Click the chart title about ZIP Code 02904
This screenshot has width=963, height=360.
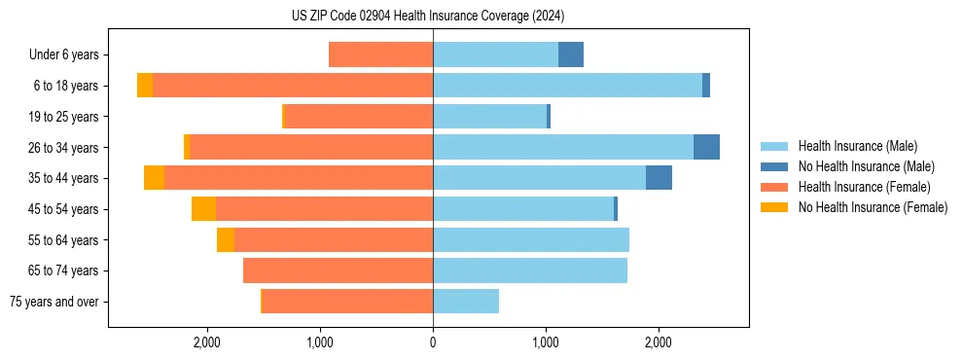(x=427, y=16)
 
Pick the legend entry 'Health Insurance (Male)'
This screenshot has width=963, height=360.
(x=857, y=146)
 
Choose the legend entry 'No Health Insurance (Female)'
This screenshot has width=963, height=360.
(x=873, y=207)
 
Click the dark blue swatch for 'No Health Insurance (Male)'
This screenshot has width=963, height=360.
(x=774, y=166)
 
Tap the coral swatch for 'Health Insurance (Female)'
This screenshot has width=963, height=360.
(x=774, y=187)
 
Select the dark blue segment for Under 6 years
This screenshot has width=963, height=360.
(x=571, y=54)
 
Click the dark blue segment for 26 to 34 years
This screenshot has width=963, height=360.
(x=706, y=147)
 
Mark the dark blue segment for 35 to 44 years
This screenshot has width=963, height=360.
(x=659, y=178)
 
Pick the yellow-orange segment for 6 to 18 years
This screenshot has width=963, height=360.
(x=145, y=86)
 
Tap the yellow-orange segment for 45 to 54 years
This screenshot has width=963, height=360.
(x=203, y=209)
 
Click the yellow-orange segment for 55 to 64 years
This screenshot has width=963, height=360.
(x=226, y=239)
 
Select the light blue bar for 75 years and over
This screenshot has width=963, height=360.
(x=466, y=302)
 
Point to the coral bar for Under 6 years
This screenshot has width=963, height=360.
(x=380, y=54)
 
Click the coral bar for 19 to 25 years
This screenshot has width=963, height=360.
(x=358, y=117)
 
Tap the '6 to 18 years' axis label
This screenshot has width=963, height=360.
(x=66, y=86)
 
